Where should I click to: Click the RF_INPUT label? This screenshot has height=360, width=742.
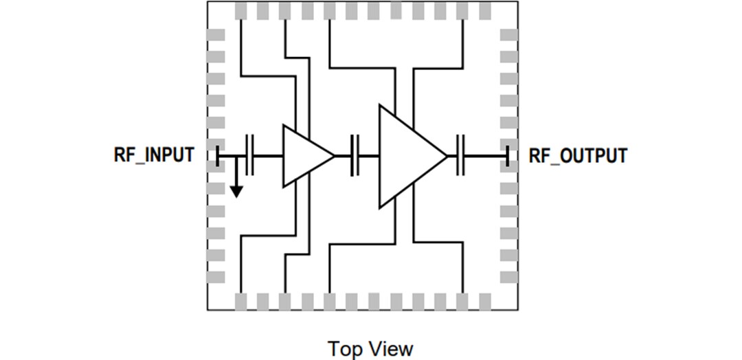point(154,155)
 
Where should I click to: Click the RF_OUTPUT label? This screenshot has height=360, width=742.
point(577,155)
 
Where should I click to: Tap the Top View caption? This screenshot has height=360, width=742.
point(371,348)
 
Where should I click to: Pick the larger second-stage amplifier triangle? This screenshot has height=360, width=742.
point(408,156)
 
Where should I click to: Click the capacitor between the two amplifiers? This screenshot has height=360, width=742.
point(355,156)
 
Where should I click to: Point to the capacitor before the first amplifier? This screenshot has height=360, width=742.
point(250,156)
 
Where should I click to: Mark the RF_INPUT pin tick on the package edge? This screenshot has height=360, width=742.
point(217,156)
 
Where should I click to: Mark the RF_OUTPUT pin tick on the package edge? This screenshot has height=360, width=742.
point(507,156)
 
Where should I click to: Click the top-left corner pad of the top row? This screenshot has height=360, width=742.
point(242,11)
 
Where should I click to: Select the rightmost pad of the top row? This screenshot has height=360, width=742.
point(484,11)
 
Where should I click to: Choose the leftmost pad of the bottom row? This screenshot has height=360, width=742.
point(242,301)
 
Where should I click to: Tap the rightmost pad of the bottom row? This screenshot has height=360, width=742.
point(484,301)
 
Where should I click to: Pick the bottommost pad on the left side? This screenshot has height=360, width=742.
point(217,277)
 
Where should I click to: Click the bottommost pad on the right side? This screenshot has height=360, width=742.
point(508,277)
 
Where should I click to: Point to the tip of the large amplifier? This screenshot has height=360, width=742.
point(446,156)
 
